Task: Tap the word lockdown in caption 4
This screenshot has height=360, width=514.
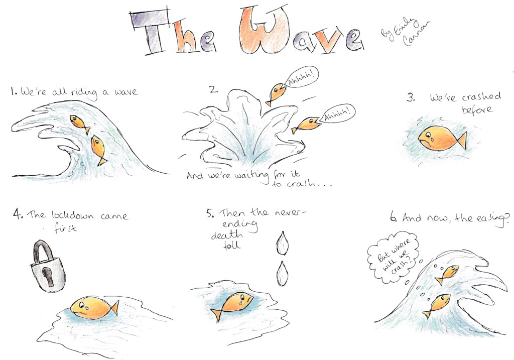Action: (x=72, y=215)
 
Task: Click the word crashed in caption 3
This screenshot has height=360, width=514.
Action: (x=481, y=97)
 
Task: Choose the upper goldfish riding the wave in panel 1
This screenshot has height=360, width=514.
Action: (x=80, y=124)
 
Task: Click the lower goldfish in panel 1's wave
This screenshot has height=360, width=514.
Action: (x=99, y=150)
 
